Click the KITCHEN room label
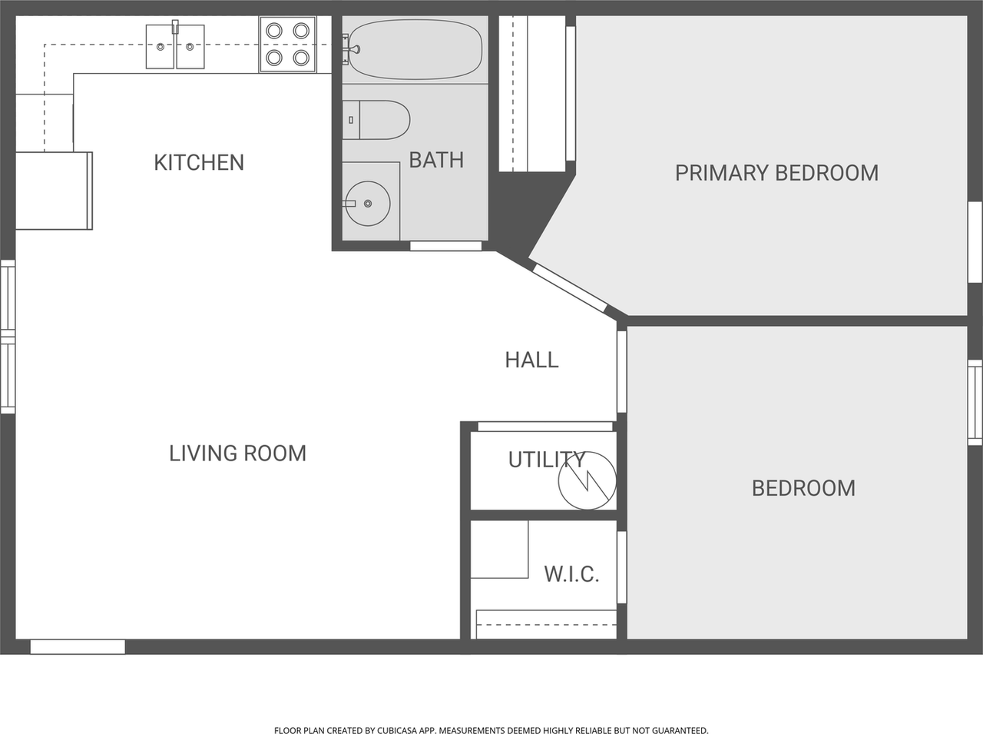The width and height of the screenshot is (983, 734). (x=199, y=162)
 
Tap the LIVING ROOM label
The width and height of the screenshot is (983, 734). (x=237, y=453)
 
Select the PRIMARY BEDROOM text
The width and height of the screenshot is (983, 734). (x=776, y=173)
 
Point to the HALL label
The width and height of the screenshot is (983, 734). (x=531, y=360)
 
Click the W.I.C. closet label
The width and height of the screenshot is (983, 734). (x=571, y=574)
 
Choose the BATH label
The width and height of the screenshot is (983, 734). (x=436, y=160)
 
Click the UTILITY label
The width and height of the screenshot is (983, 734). (x=546, y=460)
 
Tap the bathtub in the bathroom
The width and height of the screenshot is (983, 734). (x=415, y=49)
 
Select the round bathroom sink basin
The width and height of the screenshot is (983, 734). (x=368, y=203)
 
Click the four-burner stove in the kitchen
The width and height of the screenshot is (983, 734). (x=288, y=45)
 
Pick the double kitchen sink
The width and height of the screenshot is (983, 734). (x=175, y=47)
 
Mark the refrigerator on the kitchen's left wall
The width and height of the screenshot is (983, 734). (x=53, y=191)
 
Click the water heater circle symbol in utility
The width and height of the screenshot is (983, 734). (x=587, y=480)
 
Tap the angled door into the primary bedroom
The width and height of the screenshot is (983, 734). (x=569, y=287)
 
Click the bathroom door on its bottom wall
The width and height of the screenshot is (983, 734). (x=445, y=246)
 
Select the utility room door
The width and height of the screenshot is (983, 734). (x=545, y=427)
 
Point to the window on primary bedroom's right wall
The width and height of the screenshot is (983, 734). (x=975, y=242)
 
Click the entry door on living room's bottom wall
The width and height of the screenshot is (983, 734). (x=78, y=647)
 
